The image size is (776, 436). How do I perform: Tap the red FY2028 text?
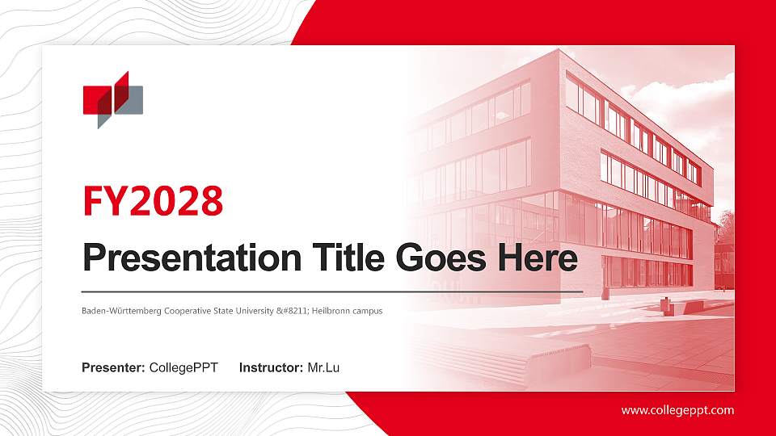click(153, 201)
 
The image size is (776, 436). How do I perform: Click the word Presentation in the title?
click(192, 258)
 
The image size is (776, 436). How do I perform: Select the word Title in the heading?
click(348, 258)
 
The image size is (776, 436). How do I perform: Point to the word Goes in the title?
click(441, 258)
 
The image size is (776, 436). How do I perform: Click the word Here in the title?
click(538, 258)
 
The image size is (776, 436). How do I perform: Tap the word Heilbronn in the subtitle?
click(330, 311)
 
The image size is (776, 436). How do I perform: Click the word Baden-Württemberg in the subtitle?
click(121, 311)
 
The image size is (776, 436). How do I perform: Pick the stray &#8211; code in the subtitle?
click(293, 311)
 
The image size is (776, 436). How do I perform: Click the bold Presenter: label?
click(113, 368)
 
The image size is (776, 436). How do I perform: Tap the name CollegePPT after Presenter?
click(183, 368)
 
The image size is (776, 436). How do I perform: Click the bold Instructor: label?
click(272, 368)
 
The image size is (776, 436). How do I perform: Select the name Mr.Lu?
click(323, 368)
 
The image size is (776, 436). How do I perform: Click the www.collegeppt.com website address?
click(678, 410)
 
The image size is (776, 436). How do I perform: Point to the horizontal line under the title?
click(332, 292)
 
